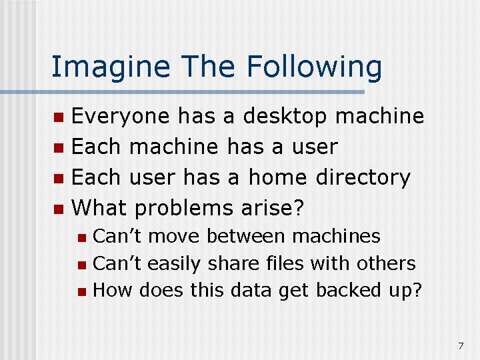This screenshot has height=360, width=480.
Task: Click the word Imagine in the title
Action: [x=111, y=67]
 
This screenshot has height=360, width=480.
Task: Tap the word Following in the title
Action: [x=314, y=67]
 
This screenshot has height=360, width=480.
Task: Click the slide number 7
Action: [x=461, y=346]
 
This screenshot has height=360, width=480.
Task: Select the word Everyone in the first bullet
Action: [x=120, y=117]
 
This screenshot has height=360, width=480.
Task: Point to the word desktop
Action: [x=285, y=117]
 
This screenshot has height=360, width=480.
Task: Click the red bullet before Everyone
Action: [x=59, y=117]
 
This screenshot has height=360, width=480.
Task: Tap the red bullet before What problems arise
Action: [x=59, y=209]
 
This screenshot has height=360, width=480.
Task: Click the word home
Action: [x=277, y=177]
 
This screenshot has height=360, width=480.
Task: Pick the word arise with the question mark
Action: [x=273, y=208]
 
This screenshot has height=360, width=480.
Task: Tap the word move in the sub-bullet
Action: [x=174, y=237]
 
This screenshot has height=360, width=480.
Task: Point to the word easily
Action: [x=174, y=263]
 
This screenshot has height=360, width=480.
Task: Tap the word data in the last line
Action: [x=251, y=289]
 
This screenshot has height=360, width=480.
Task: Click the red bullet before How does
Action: [x=82, y=291]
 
